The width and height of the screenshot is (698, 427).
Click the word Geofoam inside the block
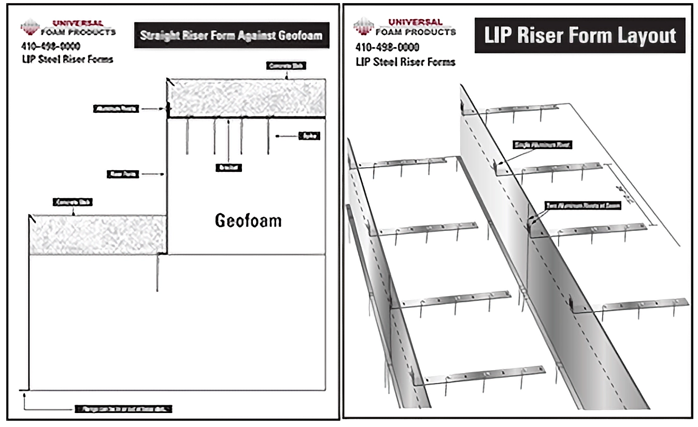(x=248, y=221)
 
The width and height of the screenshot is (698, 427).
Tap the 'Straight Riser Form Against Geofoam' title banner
(x=231, y=35)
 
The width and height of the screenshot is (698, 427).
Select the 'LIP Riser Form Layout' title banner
(x=580, y=35)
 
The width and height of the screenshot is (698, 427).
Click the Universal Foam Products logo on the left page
(x=67, y=27)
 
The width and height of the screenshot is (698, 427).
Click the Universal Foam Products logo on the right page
(x=405, y=27)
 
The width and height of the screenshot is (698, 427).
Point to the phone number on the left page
(x=51, y=47)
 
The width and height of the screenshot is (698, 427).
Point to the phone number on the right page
(x=387, y=48)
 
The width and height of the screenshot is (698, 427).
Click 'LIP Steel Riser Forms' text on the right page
(x=405, y=62)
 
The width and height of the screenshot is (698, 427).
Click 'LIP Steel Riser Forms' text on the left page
(x=67, y=60)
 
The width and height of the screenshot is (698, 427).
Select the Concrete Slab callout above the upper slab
(x=287, y=66)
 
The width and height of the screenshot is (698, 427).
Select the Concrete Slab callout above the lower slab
(x=72, y=202)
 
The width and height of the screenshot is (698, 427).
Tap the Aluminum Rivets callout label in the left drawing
(x=116, y=109)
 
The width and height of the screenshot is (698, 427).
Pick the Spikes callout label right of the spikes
(x=309, y=136)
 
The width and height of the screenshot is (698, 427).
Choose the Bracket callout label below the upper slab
(x=229, y=168)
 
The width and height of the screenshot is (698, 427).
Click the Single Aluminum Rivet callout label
(x=542, y=145)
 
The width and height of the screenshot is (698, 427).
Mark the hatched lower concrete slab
(x=97, y=235)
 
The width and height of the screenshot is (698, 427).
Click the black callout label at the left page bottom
(x=123, y=409)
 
